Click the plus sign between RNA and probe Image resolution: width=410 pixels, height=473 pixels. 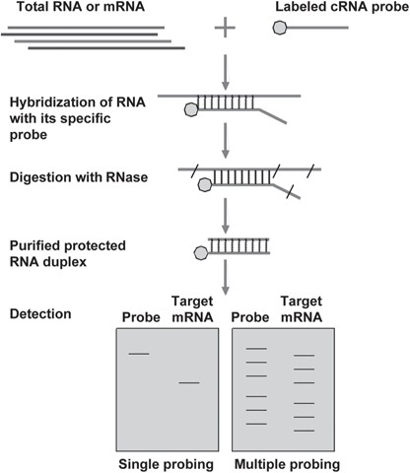pyautogui.click(x=225, y=28)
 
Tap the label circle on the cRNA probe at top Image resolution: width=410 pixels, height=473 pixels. pyautogui.click(x=280, y=28)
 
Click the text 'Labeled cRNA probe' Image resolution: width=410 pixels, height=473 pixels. pyautogui.click(x=342, y=7)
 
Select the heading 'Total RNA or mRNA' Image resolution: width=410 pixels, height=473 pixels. pyautogui.click(x=81, y=7)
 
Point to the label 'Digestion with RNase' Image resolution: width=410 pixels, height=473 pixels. pyautogui.click(x=79, y=177)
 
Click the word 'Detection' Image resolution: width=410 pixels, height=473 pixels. pyautogui.click(x=40, y=314)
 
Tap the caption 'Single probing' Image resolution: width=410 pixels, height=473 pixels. pyautogui.click(x=166, y=464)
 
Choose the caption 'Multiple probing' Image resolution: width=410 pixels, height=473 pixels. pyautogui.click(x=287, y=464)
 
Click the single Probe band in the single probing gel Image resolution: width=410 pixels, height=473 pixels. pyautogui.click(x=139, y=354)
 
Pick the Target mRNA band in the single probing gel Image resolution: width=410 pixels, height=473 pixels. pyautogui.click(x=189, y=382)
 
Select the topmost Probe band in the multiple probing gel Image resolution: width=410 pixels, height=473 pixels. pyautogui.click(x=256, y=348)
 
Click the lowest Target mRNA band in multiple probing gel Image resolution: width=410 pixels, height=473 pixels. pyautogui.click(x=304, y=431)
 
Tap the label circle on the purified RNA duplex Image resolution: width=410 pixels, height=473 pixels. pyautogui.click(x=201, y=253)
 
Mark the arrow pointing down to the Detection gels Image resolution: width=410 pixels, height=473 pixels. pyautogui.click(x=225, y=278)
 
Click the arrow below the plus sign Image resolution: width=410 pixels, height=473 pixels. pyautogui.click(x=225, y=72)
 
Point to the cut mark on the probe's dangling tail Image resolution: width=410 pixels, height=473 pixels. pyautogui.click(x=291, y=192)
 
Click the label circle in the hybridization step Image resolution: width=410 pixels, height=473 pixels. pyautogui.click(x=191, y=109)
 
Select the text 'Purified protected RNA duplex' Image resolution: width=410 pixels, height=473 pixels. pyautogui.click(x=68, y=254)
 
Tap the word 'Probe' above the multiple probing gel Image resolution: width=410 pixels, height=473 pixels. pyautogui.click(x=250, y=317)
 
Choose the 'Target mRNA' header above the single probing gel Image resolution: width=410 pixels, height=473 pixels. pyautogui.click(x=192, y=309)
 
